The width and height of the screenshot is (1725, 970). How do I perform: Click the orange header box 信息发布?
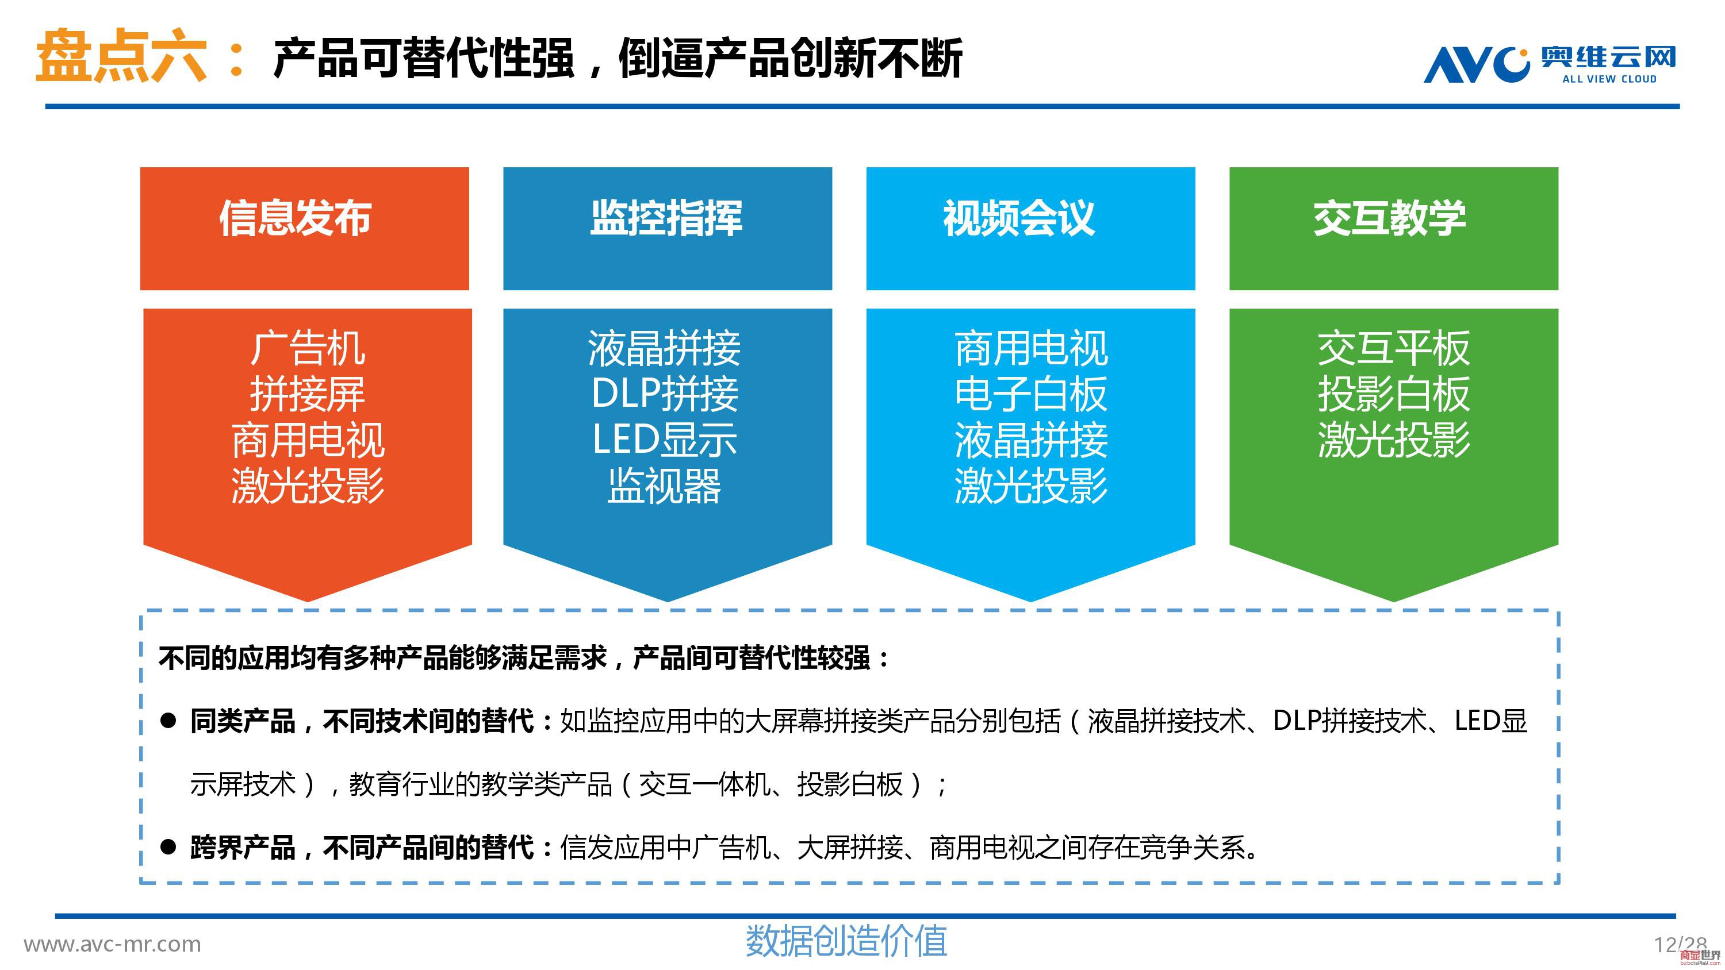(x=305, y=228)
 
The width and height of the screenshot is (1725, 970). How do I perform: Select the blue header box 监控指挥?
(x=668, y=228)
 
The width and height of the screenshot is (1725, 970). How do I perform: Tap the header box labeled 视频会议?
(x=1030, y=228)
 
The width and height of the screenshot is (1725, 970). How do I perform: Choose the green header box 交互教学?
(x=1394, y=228)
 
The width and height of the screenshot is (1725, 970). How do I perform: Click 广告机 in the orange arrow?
(x=308, y=349)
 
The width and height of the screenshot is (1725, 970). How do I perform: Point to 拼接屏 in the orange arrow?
(x=308, y=394)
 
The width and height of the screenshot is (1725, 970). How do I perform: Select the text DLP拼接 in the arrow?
(x=665, y=394)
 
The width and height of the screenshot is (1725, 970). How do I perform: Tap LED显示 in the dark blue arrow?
(x=665, y=440)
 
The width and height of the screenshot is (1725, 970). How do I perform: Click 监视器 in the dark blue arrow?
(x=665, y=486)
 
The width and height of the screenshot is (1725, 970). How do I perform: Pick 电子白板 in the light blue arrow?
(x=1031, y=394)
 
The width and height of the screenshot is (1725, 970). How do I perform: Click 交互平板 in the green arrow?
(x=1394, y=349)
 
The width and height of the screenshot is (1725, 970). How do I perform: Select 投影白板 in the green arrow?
(x=1394, y=394)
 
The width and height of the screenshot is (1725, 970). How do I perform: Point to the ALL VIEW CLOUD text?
(x=1610, y=79)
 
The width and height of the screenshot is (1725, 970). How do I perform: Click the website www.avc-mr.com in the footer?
(x=113, y=945)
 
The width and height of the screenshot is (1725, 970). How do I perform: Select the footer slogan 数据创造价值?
(x=846, y=941)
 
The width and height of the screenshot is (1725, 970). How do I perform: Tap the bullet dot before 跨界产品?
(x=168, y=848)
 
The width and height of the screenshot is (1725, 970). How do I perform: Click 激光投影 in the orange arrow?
(x=308, y=486)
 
